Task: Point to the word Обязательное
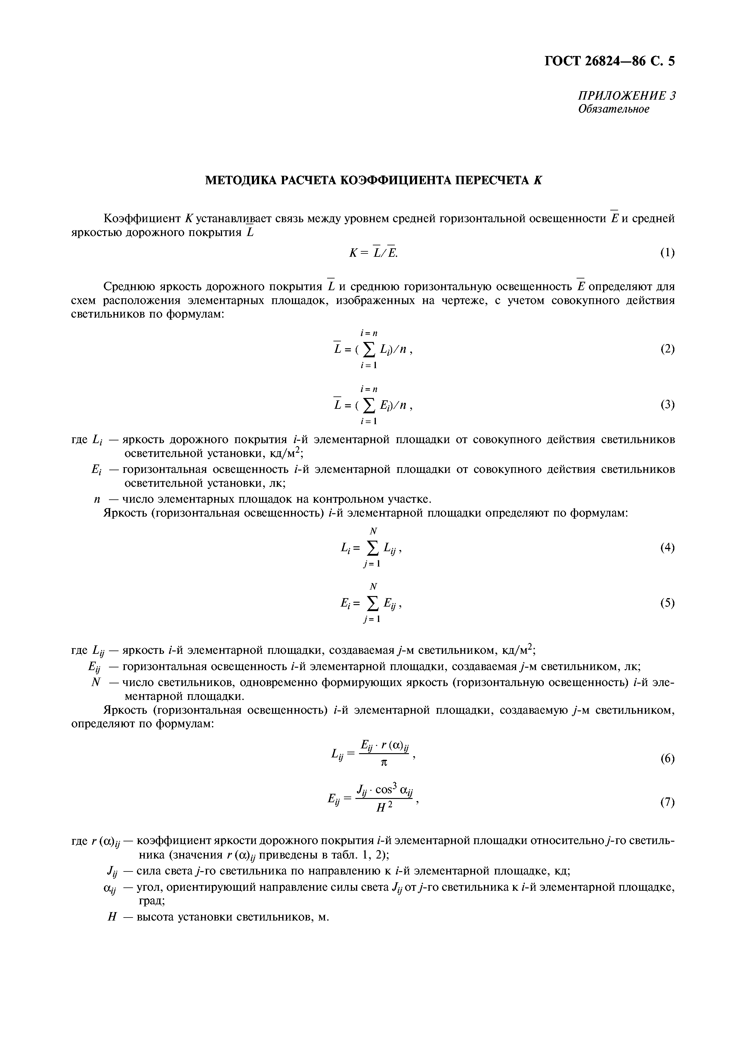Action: click(613, 110)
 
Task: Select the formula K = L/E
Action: click(373, 253)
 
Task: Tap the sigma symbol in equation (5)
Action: click(373, 604)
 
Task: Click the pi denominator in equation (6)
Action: click(384, 763)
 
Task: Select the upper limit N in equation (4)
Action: click(373, 531)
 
